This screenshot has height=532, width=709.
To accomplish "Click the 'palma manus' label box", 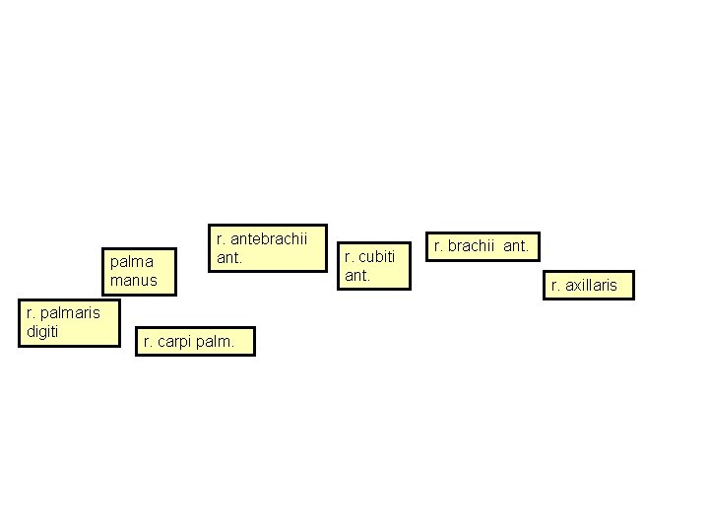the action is (140, 272).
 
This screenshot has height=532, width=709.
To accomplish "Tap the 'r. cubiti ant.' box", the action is (373, 266).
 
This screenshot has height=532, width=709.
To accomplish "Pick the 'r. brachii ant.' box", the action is (483, 246).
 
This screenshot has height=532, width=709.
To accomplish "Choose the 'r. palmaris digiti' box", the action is (68, 323).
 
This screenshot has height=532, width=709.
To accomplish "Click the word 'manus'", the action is (133, 281).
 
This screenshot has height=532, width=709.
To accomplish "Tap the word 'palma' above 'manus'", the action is (132, 263).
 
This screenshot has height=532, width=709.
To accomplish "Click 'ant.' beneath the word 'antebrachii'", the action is (228, 258).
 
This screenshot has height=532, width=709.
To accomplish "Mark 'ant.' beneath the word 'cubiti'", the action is (355, 275).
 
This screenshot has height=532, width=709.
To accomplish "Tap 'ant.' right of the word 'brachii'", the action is (517, 246).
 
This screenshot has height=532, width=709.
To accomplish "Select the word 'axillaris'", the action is (592, 286).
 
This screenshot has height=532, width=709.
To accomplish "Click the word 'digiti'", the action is (42, 332).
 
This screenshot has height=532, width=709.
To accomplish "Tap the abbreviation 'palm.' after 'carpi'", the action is (216, 342).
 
